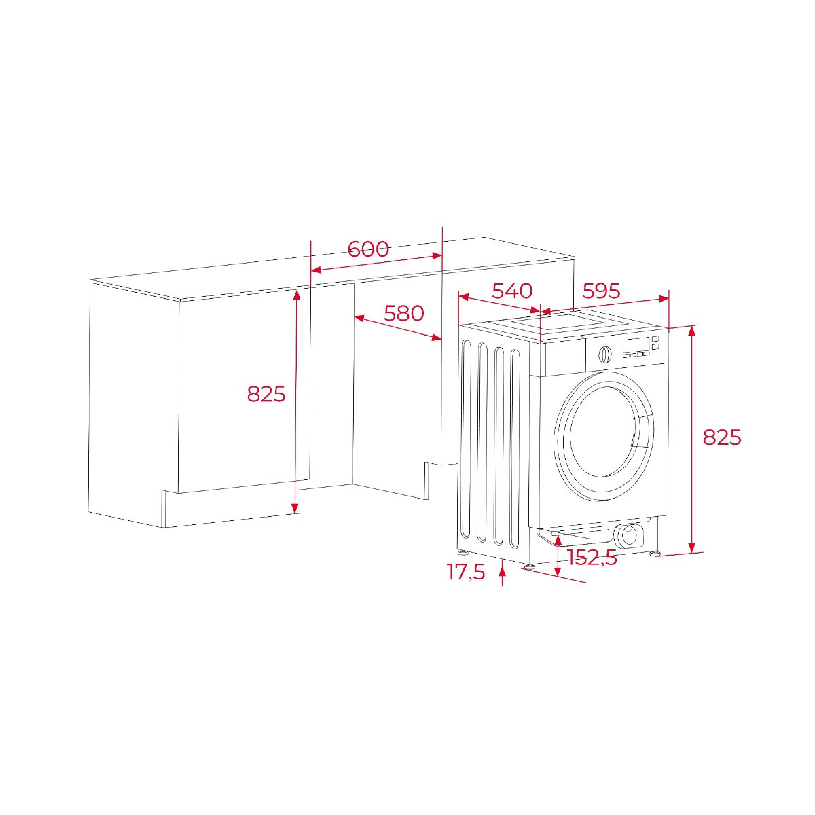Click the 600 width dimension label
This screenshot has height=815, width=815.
click(x=368, y=249)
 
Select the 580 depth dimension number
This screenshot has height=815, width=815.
click(x=403, y=312)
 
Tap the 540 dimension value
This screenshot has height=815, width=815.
click(x=512, y=291)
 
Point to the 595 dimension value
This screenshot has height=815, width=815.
click(x=602, y=291)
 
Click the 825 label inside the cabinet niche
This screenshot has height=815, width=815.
click(x=266, y=394)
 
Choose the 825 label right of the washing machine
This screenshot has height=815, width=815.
click(x=722, y=437)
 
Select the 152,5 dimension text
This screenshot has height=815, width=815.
click(x=592, y=558)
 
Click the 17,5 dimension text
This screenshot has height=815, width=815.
click(x=466, y=573)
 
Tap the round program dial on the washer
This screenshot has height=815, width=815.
click(x=605, y=354)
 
